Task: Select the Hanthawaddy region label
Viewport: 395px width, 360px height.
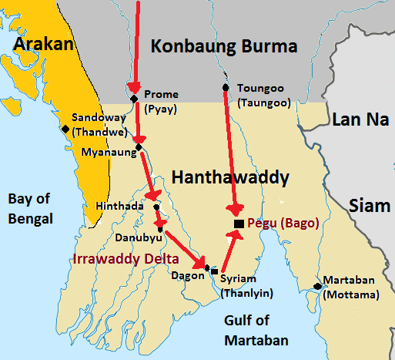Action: pyautogui.click(x=230, y=179)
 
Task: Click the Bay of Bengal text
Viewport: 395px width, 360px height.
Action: pyautogui.click(x=30, y=209)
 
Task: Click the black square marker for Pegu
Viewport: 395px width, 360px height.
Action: pyautogui.click(x=239, y=224)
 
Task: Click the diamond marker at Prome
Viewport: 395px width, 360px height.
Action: pyautogui.click(x=134, y=99)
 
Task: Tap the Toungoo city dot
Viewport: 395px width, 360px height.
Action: pyautogui.click(x=225, y=86)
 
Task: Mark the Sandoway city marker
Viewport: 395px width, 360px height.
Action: pyautogui.click(x=65, y=129)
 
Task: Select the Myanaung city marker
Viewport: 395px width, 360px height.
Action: pyautogui.click(x=138, y=146)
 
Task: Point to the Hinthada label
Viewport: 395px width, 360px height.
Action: pyautogui.click(x=120, y=207)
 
